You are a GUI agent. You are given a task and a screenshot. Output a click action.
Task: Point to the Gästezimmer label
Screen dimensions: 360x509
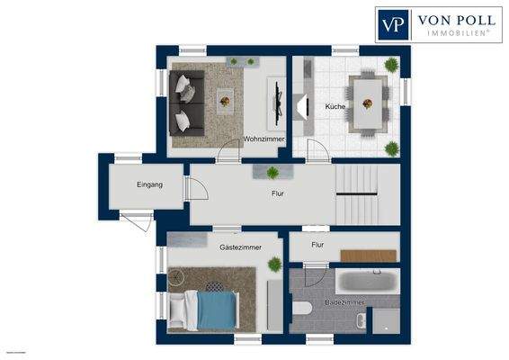(x=240, y=245)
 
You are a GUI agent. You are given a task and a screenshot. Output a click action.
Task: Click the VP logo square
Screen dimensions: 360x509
(x=392, y=23)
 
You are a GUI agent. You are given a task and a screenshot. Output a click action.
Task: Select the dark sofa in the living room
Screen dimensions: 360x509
(x=185, y=101)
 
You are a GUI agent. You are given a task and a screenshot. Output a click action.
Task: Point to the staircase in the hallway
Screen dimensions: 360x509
(x=368, y=193)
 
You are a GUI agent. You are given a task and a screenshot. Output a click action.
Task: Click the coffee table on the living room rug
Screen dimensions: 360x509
(x=225, y=99)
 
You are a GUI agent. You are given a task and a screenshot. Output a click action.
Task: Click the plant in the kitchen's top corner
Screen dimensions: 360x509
(x=391, y=64)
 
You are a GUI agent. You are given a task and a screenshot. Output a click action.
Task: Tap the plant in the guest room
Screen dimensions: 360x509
(x=273, y=263)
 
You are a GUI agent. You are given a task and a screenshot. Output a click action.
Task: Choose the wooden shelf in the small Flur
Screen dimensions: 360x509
(x=368, y=256)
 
